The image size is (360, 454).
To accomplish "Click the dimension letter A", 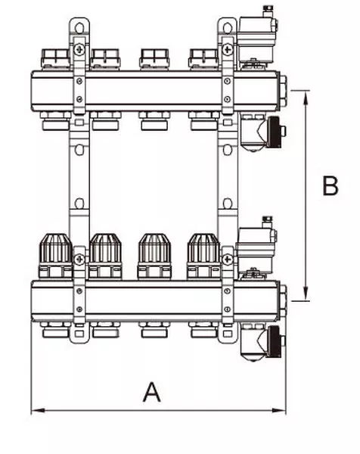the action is pyautogui.click(x=152, y=392).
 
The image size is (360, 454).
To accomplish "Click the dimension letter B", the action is pyautogui.click(x=331, y=185).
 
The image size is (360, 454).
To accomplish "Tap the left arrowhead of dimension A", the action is pyautogui.click(x=38, y=410).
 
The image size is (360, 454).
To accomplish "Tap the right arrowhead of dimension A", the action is pyautogui.click(x=278, y=410).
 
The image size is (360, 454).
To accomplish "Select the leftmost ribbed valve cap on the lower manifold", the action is pyautogui.click(x=55, y=248).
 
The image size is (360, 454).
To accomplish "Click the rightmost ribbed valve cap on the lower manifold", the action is pyautogui.click(x=203, y=248).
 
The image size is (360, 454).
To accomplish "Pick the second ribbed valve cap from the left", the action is pyautogui.click(x=105, y=248).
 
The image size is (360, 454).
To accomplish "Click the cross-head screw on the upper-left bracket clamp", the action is pyautogui.click(x=79, y=49).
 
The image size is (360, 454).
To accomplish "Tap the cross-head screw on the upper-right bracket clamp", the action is pyautogui.click(x=228, y=49).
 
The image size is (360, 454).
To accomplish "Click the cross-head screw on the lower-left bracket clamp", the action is pyautogui.click(x=79, y=260).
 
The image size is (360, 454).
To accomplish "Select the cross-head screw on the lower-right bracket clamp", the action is pyautogui.click(x=228, y=260).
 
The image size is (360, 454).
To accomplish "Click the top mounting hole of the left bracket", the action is pyautogui.click(x=79, y=28).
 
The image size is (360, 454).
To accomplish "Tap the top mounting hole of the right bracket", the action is pyautogui.click(x=228, y=28).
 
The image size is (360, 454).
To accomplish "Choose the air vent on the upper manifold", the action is pyautogui.click(x=256, y=38).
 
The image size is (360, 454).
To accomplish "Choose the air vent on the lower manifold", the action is pyautogui.click(x=256, y=248).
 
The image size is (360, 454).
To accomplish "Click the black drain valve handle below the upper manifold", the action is pyautogui.click(x=275, y=132).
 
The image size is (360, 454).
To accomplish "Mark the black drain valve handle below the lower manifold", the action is pyautogui.click(x=275, y=342).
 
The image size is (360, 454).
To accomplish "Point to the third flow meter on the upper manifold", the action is pyautogui.click(x=154, y=59).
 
